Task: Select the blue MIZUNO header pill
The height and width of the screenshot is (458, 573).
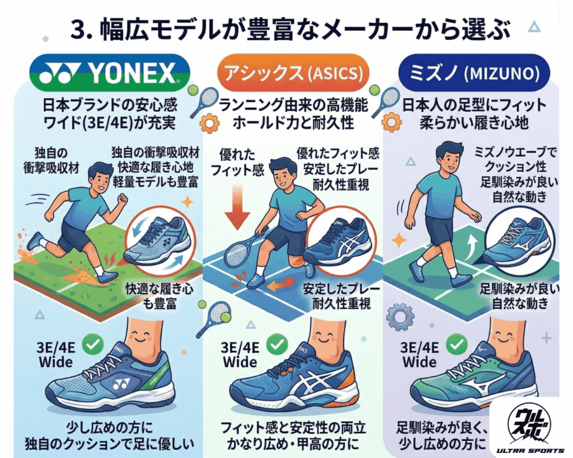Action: point(473,73)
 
